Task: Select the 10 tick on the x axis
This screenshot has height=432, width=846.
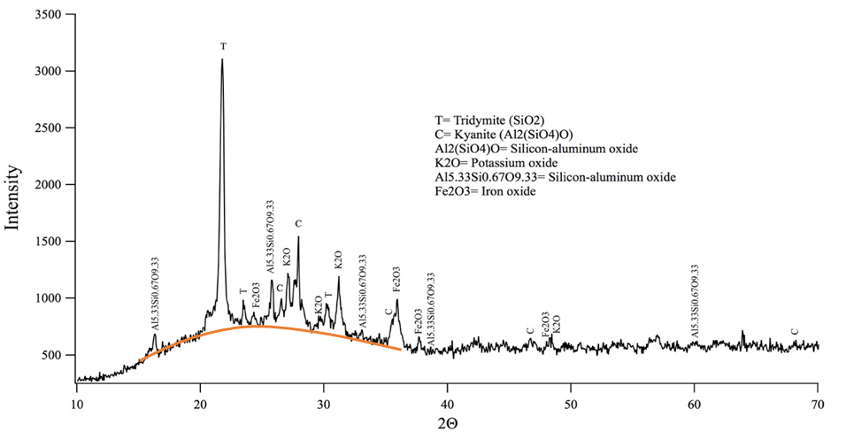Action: tap(77, 397)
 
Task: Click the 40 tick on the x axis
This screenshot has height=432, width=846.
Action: tap(448, 397)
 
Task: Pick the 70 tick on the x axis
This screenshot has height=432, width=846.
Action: tap(818, 397)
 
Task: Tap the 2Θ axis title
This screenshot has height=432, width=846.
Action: tap(448, 418)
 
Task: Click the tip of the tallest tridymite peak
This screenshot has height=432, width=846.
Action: tap(222, 59)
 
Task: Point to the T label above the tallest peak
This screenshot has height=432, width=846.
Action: tap(223, 46)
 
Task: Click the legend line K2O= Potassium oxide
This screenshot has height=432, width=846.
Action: tap(495, 163)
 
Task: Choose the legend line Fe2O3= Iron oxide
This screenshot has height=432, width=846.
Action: tap(483, 191)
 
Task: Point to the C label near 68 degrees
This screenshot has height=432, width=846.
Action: tap(795, 332)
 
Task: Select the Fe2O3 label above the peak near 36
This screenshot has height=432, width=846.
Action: tap(396, 279)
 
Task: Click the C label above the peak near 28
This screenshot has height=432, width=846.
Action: tap(298, 223)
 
